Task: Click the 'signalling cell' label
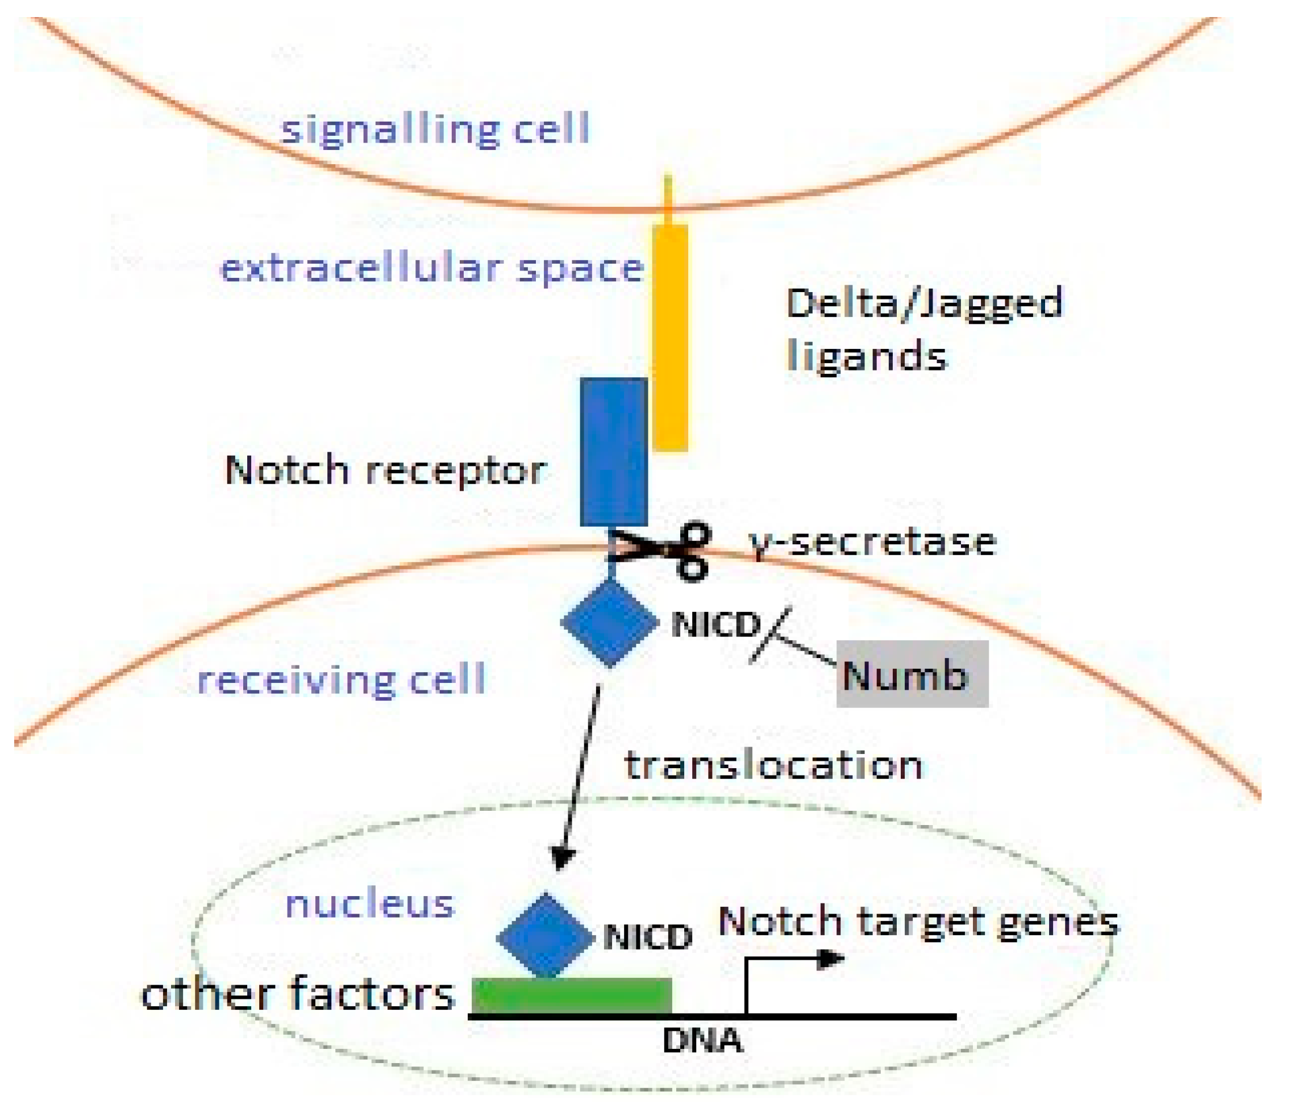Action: [435, 130]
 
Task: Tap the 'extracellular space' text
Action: [432, 269]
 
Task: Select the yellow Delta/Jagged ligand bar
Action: [670, 338]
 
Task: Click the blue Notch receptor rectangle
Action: [613, 452]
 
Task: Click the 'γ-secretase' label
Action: [872, 542]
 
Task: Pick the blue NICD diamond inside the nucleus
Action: [545, 937]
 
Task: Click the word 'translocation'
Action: [773, 765]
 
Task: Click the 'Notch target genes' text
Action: [918, 921]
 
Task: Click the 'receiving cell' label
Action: [341, 680]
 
